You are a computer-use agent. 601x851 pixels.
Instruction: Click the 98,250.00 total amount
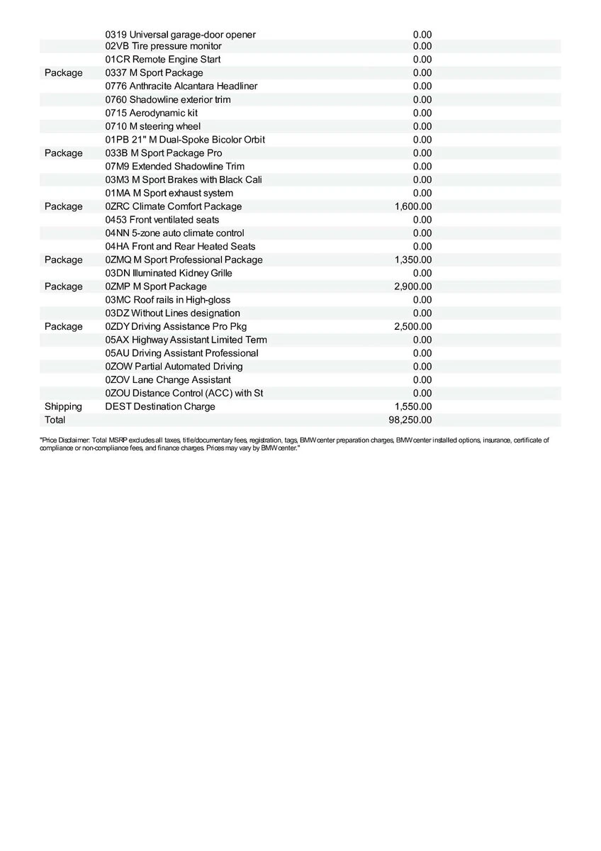(x=413, y=420)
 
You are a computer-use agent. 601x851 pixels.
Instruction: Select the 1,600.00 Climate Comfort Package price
(x=413, y=206)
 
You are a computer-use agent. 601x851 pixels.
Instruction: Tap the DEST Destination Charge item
(x=160, y=406)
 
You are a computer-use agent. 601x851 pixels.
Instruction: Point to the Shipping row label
(x=63, y=406)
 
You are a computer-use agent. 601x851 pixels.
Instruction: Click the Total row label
(x=55, y=420)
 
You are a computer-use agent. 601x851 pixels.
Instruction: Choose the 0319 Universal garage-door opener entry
(x=181, y=34)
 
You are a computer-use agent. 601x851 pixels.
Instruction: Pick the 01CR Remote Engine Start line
(x=163, y=60)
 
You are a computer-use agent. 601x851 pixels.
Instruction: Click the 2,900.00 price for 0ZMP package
(x=413, y=287)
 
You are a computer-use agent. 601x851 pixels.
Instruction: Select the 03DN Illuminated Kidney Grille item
(x=169, y=273)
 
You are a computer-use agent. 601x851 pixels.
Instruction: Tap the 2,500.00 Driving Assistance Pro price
(x=413, y=326)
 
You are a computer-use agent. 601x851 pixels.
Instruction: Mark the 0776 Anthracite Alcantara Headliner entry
(x=181, y=86)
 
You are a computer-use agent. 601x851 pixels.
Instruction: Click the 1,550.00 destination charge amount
(x=413, y=406)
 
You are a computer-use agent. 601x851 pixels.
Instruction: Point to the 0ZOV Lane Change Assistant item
(x=168, y=379)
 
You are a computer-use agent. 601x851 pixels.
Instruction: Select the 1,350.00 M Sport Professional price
(x=413, y=260)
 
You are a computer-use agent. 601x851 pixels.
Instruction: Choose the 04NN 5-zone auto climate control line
(x=175, y=233)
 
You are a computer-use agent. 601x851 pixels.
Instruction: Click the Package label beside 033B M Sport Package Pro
(x=63, y=153)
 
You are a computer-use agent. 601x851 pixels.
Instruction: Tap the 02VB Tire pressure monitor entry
(x=164, y=46)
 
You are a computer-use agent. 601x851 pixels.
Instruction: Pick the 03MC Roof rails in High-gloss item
(x=168, y=300)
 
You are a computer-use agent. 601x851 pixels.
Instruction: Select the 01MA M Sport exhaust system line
(x=169, y=193)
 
